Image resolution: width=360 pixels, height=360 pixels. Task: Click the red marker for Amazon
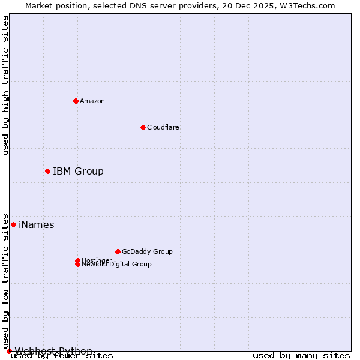pos(76,101)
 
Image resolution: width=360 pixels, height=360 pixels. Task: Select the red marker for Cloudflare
pos(143,127)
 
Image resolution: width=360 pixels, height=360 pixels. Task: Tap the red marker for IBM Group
pos(47,172)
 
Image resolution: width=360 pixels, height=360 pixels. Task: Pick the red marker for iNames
pos(13,224)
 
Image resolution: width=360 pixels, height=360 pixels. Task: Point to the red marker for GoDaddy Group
pos(118,251)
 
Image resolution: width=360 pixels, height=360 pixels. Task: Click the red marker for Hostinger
pos(77,260)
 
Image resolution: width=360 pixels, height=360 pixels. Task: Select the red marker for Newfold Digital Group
pos(77,265)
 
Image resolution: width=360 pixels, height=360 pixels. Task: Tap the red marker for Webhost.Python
pos(9,351)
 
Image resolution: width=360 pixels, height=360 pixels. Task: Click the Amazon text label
pos(92,101)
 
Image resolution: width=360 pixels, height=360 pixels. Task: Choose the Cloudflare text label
pos(163,127)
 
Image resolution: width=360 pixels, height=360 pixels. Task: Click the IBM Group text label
pos(78,172)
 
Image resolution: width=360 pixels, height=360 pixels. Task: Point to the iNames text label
pos(37,225)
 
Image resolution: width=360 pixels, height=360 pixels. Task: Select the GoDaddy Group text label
pos(147,251)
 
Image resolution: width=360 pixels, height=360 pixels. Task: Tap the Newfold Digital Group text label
pos(116,265)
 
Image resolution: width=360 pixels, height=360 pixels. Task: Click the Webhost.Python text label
pos(53,351)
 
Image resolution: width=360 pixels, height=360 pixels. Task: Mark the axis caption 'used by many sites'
pos(301,356)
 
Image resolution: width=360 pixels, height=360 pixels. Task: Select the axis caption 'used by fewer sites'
pos(62,356)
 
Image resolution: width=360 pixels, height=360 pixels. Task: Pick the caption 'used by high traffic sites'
pos(6,85)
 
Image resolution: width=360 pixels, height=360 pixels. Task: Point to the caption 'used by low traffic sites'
pos(6,281)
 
